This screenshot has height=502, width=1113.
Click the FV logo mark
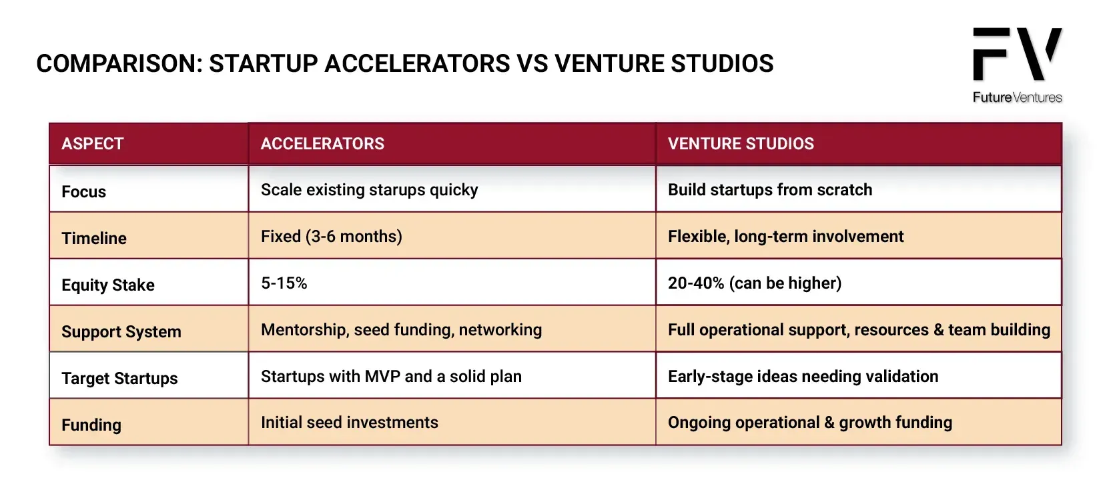click(x=1017, y=53)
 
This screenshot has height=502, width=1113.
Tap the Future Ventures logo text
click(x=1017, y=97)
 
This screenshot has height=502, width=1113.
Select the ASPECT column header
click(x=93, y=143)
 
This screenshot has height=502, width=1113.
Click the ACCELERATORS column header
click(x=322, y=143)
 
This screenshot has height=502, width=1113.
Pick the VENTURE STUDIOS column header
click(x=741, y=143)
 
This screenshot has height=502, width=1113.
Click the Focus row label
click(x=83, y=191)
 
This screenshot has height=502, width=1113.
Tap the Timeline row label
click(x=94, y=239)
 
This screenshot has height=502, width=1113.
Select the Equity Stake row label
click(x=108, y=285)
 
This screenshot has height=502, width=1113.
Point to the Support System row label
click(x=121, y=332)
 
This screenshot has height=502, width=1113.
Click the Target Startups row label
click(x=119, y=379)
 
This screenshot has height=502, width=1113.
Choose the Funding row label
click(x=91, y=425)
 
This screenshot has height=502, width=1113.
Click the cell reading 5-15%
click(x=284, y=283)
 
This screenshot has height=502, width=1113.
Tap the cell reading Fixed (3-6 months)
click(x=332, y=237)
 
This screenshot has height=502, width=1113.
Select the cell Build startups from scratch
click(x=769, y=190)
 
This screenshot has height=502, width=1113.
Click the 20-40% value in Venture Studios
click(x=696, y=283)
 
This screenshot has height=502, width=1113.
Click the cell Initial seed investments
click(x=349, y=423)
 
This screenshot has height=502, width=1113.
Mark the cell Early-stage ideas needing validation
click(x=803, y=377)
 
